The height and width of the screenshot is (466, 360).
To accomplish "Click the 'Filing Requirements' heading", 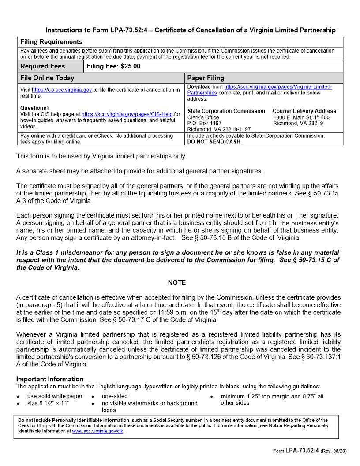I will point(51,42).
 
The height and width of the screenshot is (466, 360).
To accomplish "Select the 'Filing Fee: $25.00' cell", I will point(113,66).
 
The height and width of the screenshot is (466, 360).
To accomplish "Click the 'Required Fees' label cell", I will point(43,66).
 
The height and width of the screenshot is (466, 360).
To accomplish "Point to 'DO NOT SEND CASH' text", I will point(214,142).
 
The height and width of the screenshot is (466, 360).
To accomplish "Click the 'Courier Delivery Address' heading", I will point(304,111).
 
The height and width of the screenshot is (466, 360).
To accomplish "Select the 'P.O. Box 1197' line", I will point(204,123).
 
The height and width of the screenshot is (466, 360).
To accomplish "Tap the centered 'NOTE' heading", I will point(177,282).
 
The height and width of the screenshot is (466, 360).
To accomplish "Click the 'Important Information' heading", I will point(50,379).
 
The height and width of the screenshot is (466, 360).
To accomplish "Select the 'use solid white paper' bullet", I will point(55,396).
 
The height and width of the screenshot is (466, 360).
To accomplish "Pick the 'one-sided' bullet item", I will point(115,396).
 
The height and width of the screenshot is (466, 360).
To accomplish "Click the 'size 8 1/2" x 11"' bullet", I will point(48,403).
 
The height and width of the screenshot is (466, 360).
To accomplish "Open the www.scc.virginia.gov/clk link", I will point(97,431).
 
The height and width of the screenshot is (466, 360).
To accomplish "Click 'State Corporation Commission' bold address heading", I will point(226,111).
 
